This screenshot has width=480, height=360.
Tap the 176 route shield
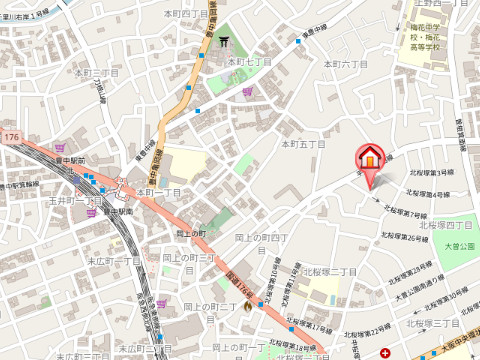click(x=11, y=135)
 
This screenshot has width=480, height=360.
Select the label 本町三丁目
click(x=98, y=73)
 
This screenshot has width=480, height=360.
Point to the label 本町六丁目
click(x=346, y=64)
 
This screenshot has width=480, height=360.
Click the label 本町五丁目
click(x=303, y=145)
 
